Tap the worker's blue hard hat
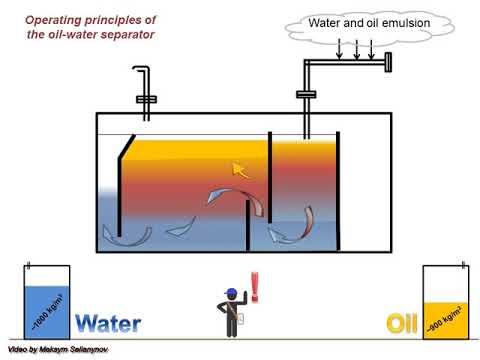click(x=232, y=293)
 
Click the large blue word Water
click(x=108, y=323)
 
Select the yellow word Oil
click(x=402, y=323)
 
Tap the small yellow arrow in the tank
click(x=240, y=169)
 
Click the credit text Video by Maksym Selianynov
click(x=57, y=351)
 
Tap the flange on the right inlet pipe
click(x=306, y=94)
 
